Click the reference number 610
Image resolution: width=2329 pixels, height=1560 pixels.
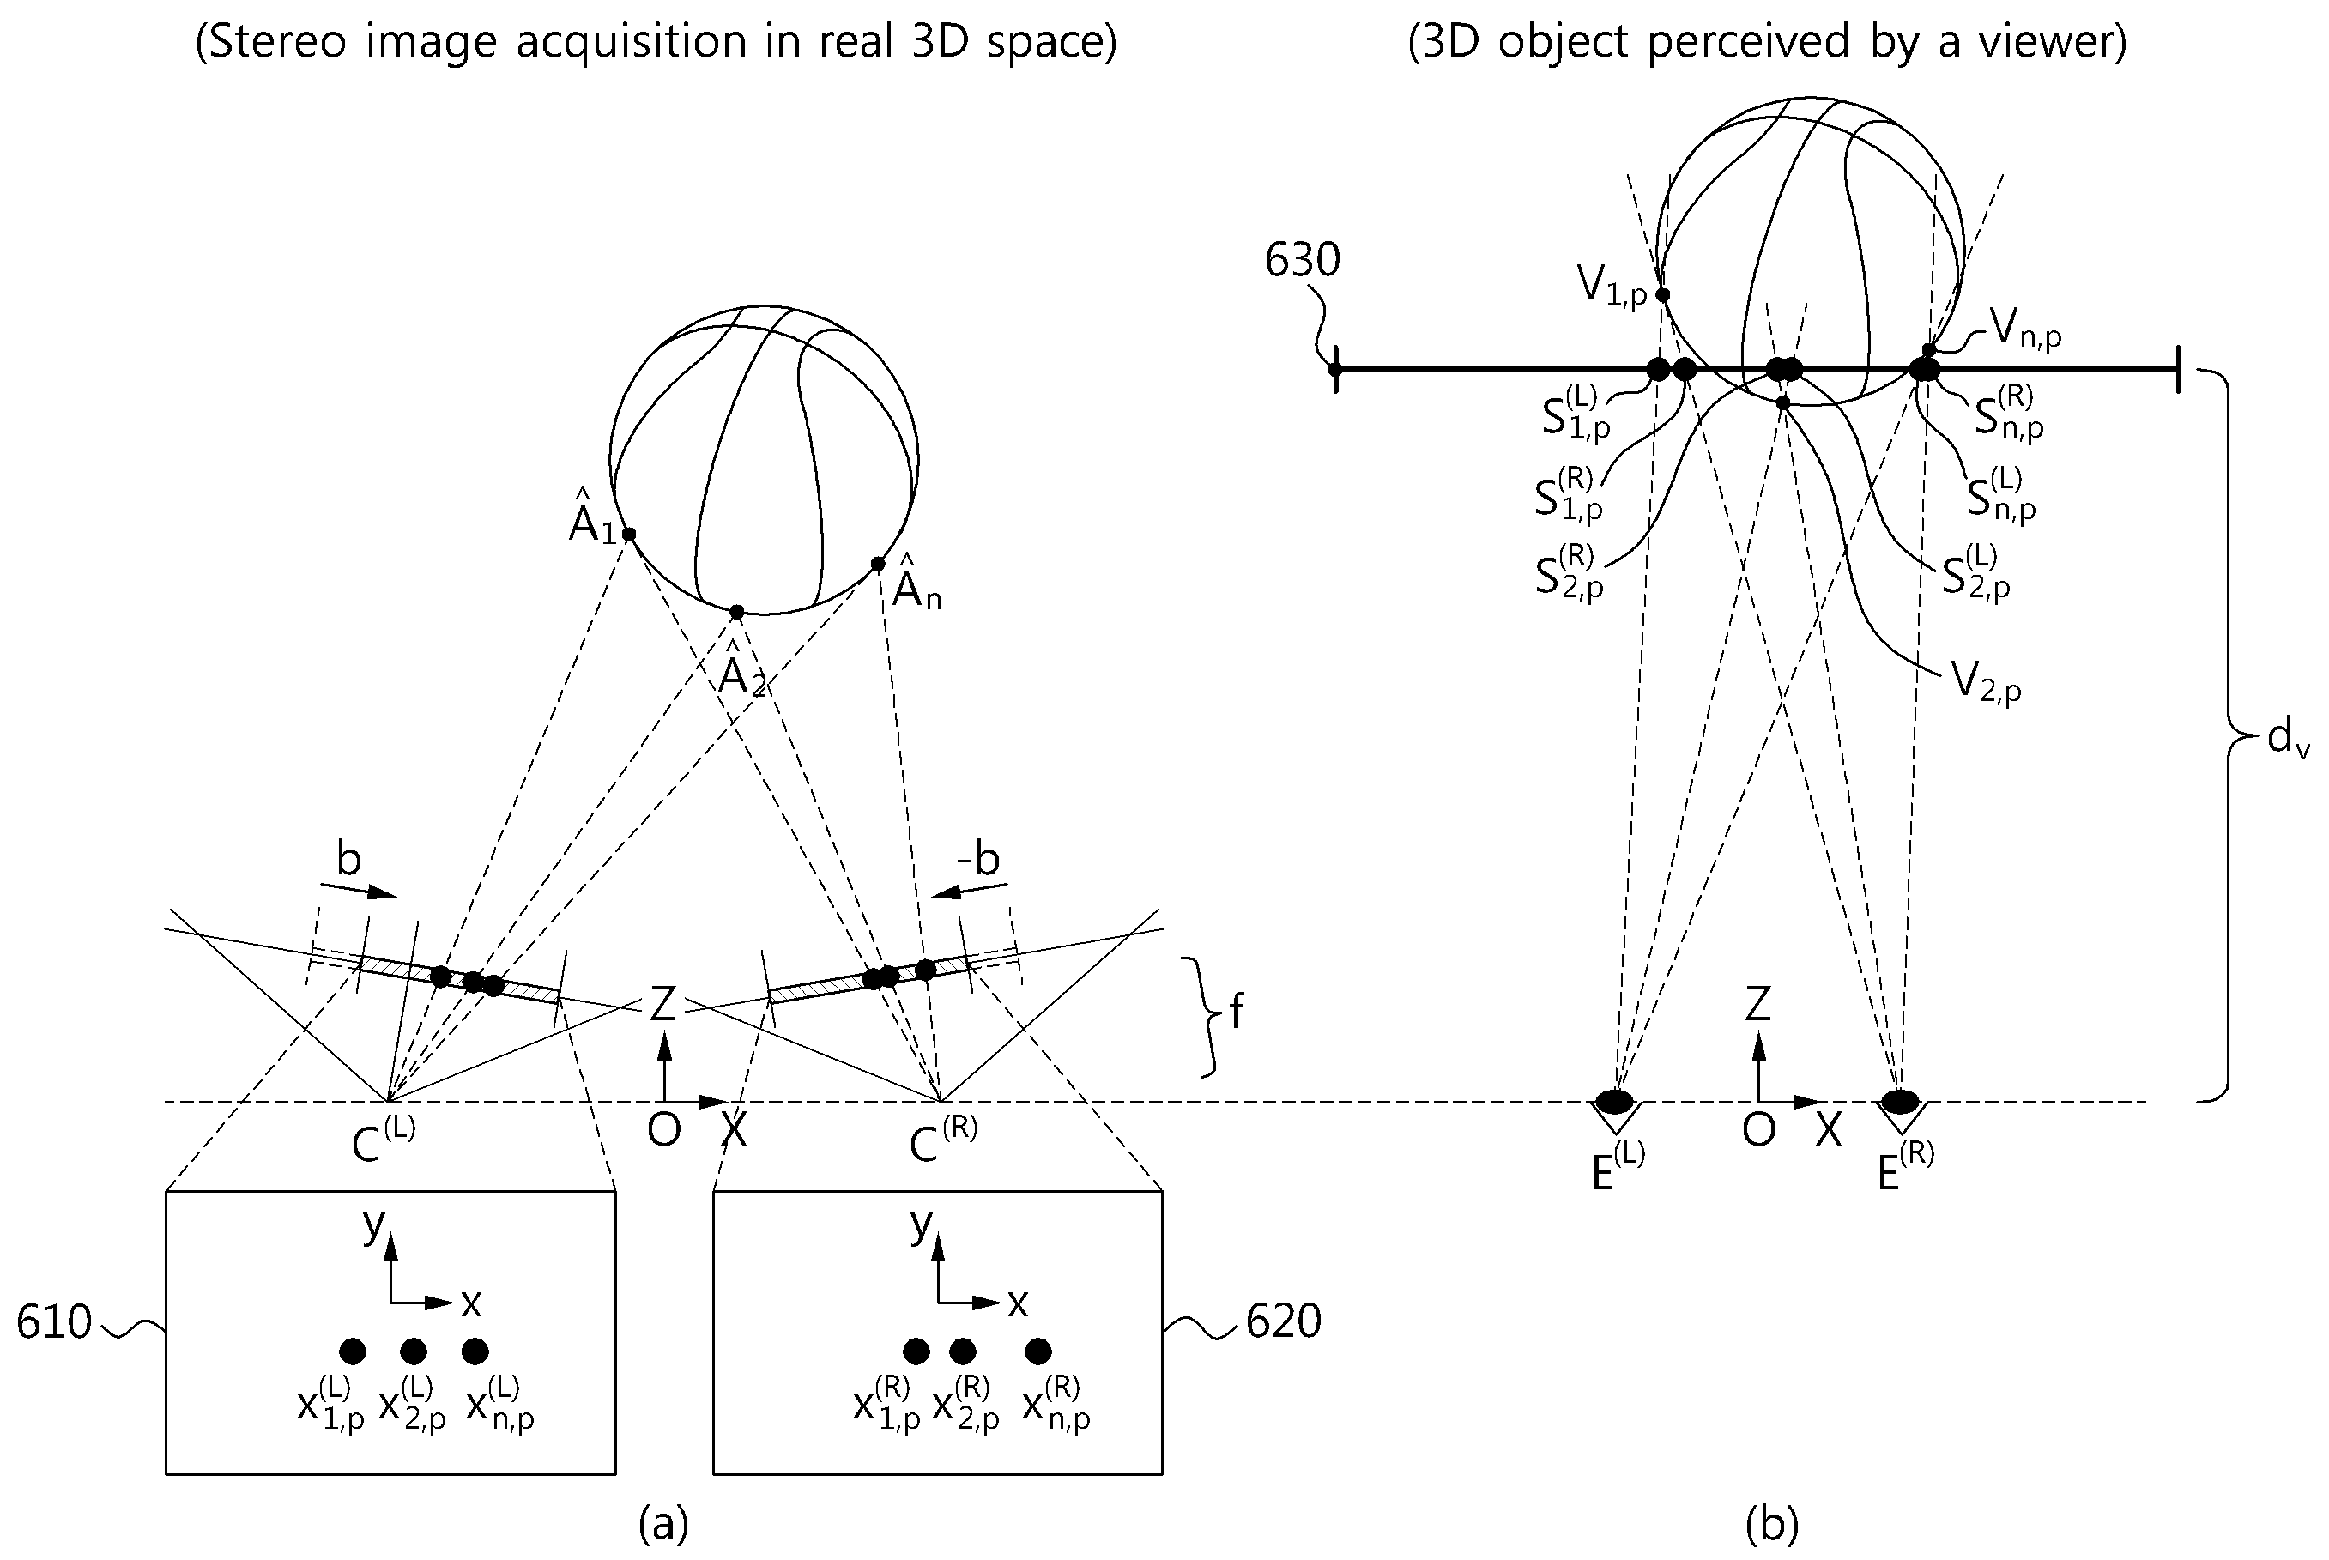click(54, 1322)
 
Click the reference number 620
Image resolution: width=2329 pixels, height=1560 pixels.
click(1284, 1321)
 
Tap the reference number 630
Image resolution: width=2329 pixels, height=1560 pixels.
click(1303, 261)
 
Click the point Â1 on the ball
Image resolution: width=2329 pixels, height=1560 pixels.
click(629, 535)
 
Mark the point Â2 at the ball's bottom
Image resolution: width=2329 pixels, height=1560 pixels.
click(736, 612)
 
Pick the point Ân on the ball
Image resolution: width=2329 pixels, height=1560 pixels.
click(878, 564)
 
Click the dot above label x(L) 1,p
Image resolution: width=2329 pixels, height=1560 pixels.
click(352, 1351)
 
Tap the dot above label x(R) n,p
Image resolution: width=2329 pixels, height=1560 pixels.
click(1037, 1351)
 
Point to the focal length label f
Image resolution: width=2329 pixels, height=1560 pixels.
click(1237, 1013)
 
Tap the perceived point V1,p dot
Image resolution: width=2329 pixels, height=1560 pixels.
click(1662, 294)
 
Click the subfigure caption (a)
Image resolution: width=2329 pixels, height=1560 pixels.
click(663, 1523)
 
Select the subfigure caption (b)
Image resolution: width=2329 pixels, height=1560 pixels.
click(1772, 1523)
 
